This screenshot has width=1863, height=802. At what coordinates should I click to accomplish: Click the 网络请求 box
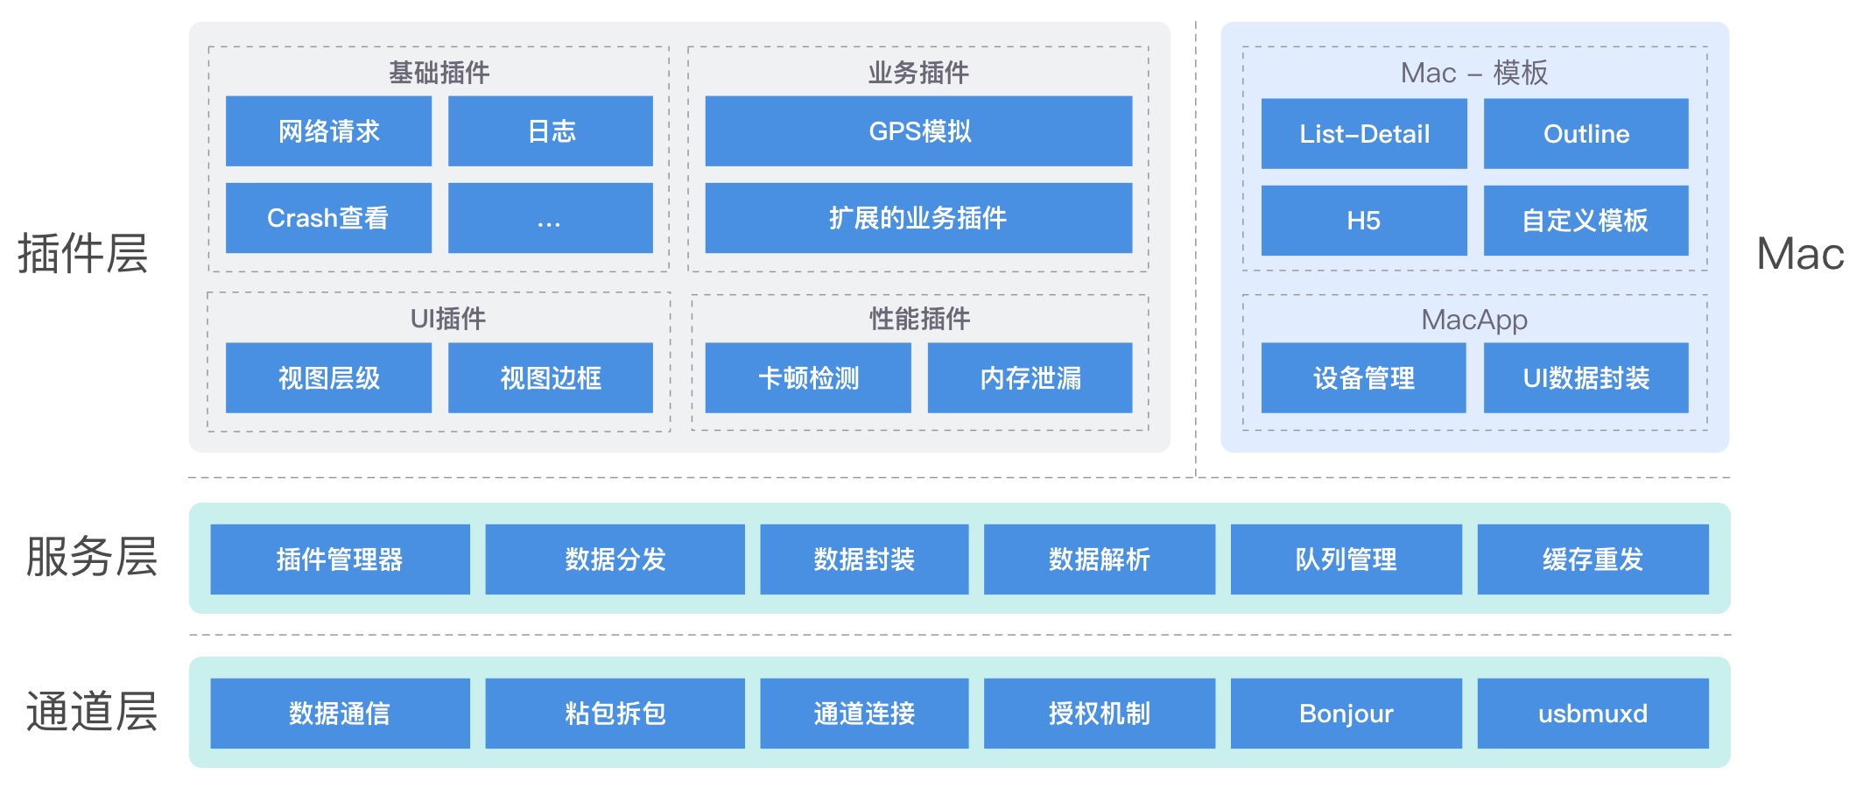click(x=328, y=131)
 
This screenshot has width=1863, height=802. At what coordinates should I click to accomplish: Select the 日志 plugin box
click(x=550, y=131)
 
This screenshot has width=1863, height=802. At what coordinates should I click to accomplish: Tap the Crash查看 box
click(x=328, y=218)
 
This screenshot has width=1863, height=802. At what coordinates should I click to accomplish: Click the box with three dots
click(x=550, y=218)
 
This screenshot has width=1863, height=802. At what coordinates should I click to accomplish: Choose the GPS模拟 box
click(x=918, y=131)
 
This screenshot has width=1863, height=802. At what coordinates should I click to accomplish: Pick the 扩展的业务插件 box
click(x=918, y=218)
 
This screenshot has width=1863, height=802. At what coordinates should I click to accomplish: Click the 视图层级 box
click(x=328, y=377)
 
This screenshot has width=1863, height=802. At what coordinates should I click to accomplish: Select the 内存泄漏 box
click(x=1030, y=377)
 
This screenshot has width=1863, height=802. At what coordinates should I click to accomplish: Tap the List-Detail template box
click(x=1363, y=134)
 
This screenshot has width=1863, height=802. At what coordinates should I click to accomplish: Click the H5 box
click(x=1363, y=221)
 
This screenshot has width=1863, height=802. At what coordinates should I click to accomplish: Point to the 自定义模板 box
click(x=1585, y=221)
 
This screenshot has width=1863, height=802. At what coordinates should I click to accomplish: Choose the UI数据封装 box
click(x=1585, y=377)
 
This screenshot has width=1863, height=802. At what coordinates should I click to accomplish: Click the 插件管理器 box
click(x=340, y=559)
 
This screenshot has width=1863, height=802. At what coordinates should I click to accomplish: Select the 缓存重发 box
click(x=1592, y=559)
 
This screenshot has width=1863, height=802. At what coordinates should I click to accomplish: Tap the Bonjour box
click(x=1346, y=714)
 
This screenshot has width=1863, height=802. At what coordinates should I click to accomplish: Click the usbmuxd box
click(x=1592, y=714)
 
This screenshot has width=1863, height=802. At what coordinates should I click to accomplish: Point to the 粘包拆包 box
click(x=615, y=714)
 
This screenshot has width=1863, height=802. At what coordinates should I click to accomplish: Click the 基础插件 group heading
click(x=439, y=72)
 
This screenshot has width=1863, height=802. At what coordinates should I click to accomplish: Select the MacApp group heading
click(x=1474, y=320)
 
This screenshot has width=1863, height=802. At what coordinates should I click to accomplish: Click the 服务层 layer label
click(x=92, y=557)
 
